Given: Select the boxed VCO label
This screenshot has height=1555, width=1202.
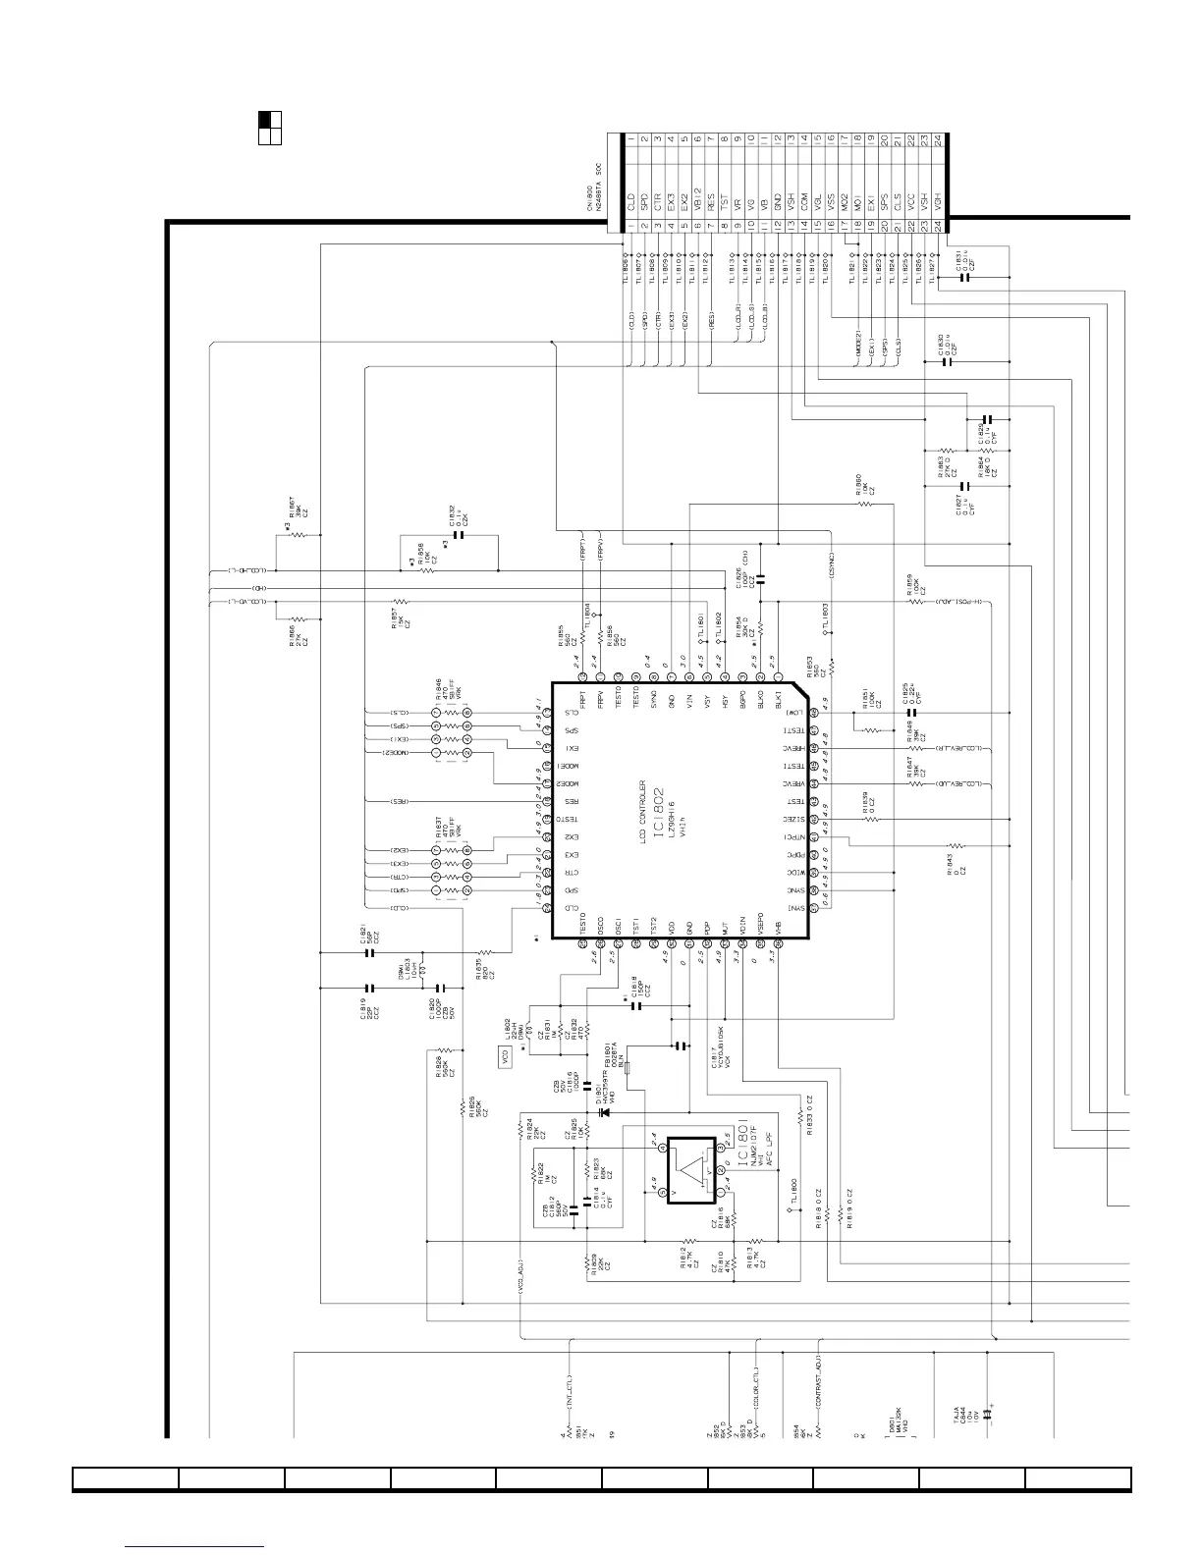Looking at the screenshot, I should [505, 1058].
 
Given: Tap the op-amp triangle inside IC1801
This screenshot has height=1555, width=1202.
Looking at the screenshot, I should [694, 1171].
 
